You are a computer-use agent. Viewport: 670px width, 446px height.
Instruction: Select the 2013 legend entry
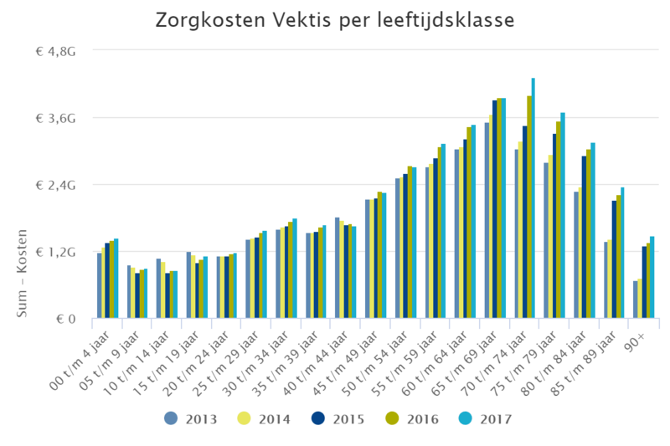(x=194, y=418)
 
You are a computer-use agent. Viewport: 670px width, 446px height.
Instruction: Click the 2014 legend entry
(x=265, y=418)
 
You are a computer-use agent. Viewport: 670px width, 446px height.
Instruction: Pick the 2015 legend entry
(x=338, y=418)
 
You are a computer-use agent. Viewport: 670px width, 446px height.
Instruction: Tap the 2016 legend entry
(x=410, y=418)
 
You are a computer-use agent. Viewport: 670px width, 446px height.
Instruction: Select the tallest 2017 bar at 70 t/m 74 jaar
(x=533, y=198)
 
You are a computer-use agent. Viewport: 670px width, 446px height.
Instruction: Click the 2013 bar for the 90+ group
(x=636, y=300)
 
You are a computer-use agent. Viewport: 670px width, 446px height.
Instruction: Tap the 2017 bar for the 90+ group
(x=652, y=277)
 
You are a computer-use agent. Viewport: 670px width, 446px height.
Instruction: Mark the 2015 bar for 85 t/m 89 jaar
(x=614, y=259)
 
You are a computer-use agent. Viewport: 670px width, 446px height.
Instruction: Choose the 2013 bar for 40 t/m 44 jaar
(x=337, y=268)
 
